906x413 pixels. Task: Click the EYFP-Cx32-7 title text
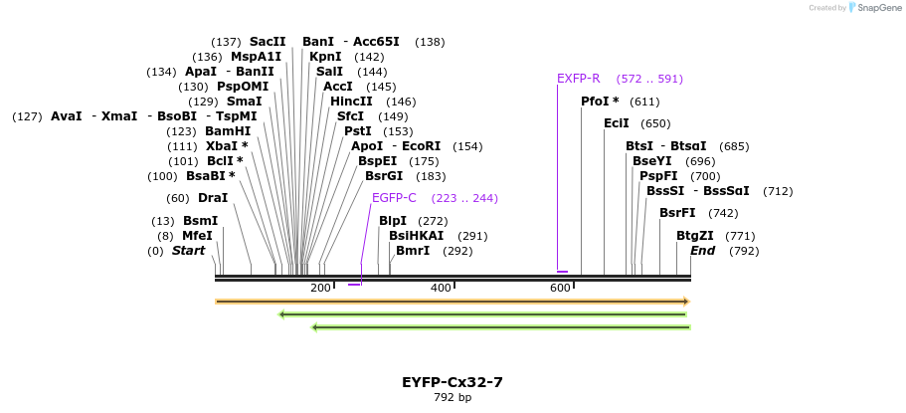[x=453, y=382]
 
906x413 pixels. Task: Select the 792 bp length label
[x=453, y=398]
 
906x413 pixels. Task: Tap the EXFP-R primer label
[x=578, y=79]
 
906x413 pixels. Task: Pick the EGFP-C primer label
[x=394, y=198]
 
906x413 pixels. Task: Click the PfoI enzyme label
[x=600, y=102]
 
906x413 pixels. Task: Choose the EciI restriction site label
[x=617, y=123]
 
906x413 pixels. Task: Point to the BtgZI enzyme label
[x=695, y=236]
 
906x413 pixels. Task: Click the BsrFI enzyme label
[x=677, y=213]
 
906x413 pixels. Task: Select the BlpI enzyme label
[x=393, y=221]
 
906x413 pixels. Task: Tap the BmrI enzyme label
[x=413, y=251]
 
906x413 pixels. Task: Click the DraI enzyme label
[x=213, y=198]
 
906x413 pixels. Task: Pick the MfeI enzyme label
[x=197, y=236]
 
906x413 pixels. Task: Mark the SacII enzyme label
[x=268, y=42]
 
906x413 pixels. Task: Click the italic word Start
[x=188, y=251]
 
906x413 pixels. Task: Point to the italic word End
[x=703, y=251]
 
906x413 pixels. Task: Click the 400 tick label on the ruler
[x=441, y=289]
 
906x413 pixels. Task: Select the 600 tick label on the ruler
[x=560, y=289]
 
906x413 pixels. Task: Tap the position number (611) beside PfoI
[x=644, y=102]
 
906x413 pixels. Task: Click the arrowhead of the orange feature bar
[x=686, y=301]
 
